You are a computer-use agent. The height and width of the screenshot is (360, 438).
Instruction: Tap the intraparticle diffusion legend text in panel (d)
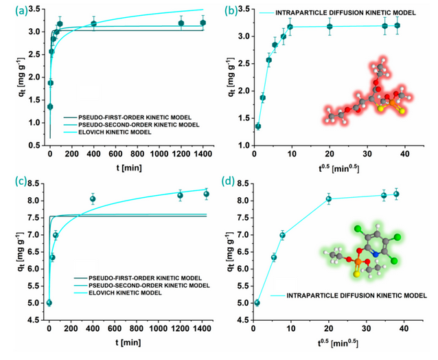tap(356, 295)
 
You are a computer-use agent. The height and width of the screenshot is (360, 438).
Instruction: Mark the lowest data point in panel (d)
tap(257, 303)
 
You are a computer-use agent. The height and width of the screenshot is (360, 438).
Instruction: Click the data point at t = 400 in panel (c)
tap(93, 199)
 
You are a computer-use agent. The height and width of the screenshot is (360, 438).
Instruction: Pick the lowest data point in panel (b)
tap(258, 126)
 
